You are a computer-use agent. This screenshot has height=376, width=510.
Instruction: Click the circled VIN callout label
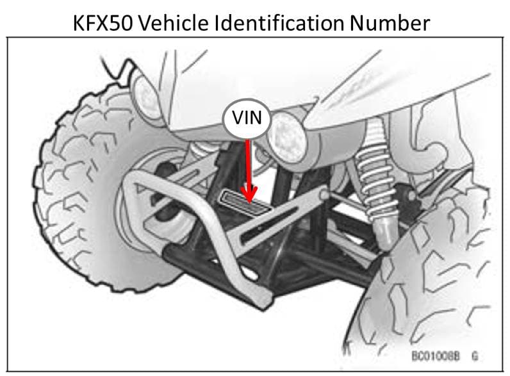tap(247, 120)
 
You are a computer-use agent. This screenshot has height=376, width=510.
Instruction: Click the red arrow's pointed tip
tap(249, 199)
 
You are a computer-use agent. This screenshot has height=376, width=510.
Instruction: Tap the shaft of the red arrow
tap(248, 163)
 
